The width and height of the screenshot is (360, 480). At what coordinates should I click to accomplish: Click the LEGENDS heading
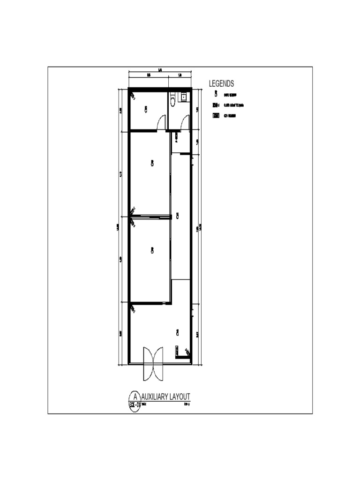[x=221, y=84]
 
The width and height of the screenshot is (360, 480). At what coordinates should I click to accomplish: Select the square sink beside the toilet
[x=184, y=97]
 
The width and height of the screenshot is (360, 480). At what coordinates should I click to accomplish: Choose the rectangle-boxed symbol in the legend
[x=216, y=115]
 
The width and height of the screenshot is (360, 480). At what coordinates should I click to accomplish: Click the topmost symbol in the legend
[x=216, y=93]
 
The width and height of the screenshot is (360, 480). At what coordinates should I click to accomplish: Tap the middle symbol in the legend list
[x=216, y=105]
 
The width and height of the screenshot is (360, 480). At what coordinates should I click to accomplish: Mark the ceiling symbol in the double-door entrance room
[x=177, y=332]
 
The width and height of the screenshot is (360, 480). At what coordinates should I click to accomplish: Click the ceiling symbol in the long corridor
[x=177, y=216]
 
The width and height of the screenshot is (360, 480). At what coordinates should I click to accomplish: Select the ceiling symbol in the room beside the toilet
[x=146, y=109]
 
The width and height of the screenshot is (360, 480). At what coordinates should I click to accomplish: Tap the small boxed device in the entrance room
[x=177, y=350]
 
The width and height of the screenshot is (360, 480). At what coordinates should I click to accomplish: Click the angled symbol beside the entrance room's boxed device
[x=187, y=352]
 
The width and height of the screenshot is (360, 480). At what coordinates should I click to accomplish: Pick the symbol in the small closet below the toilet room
[x=176, y=137]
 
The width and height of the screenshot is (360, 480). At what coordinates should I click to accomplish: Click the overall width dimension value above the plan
[x=160, y=70]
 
